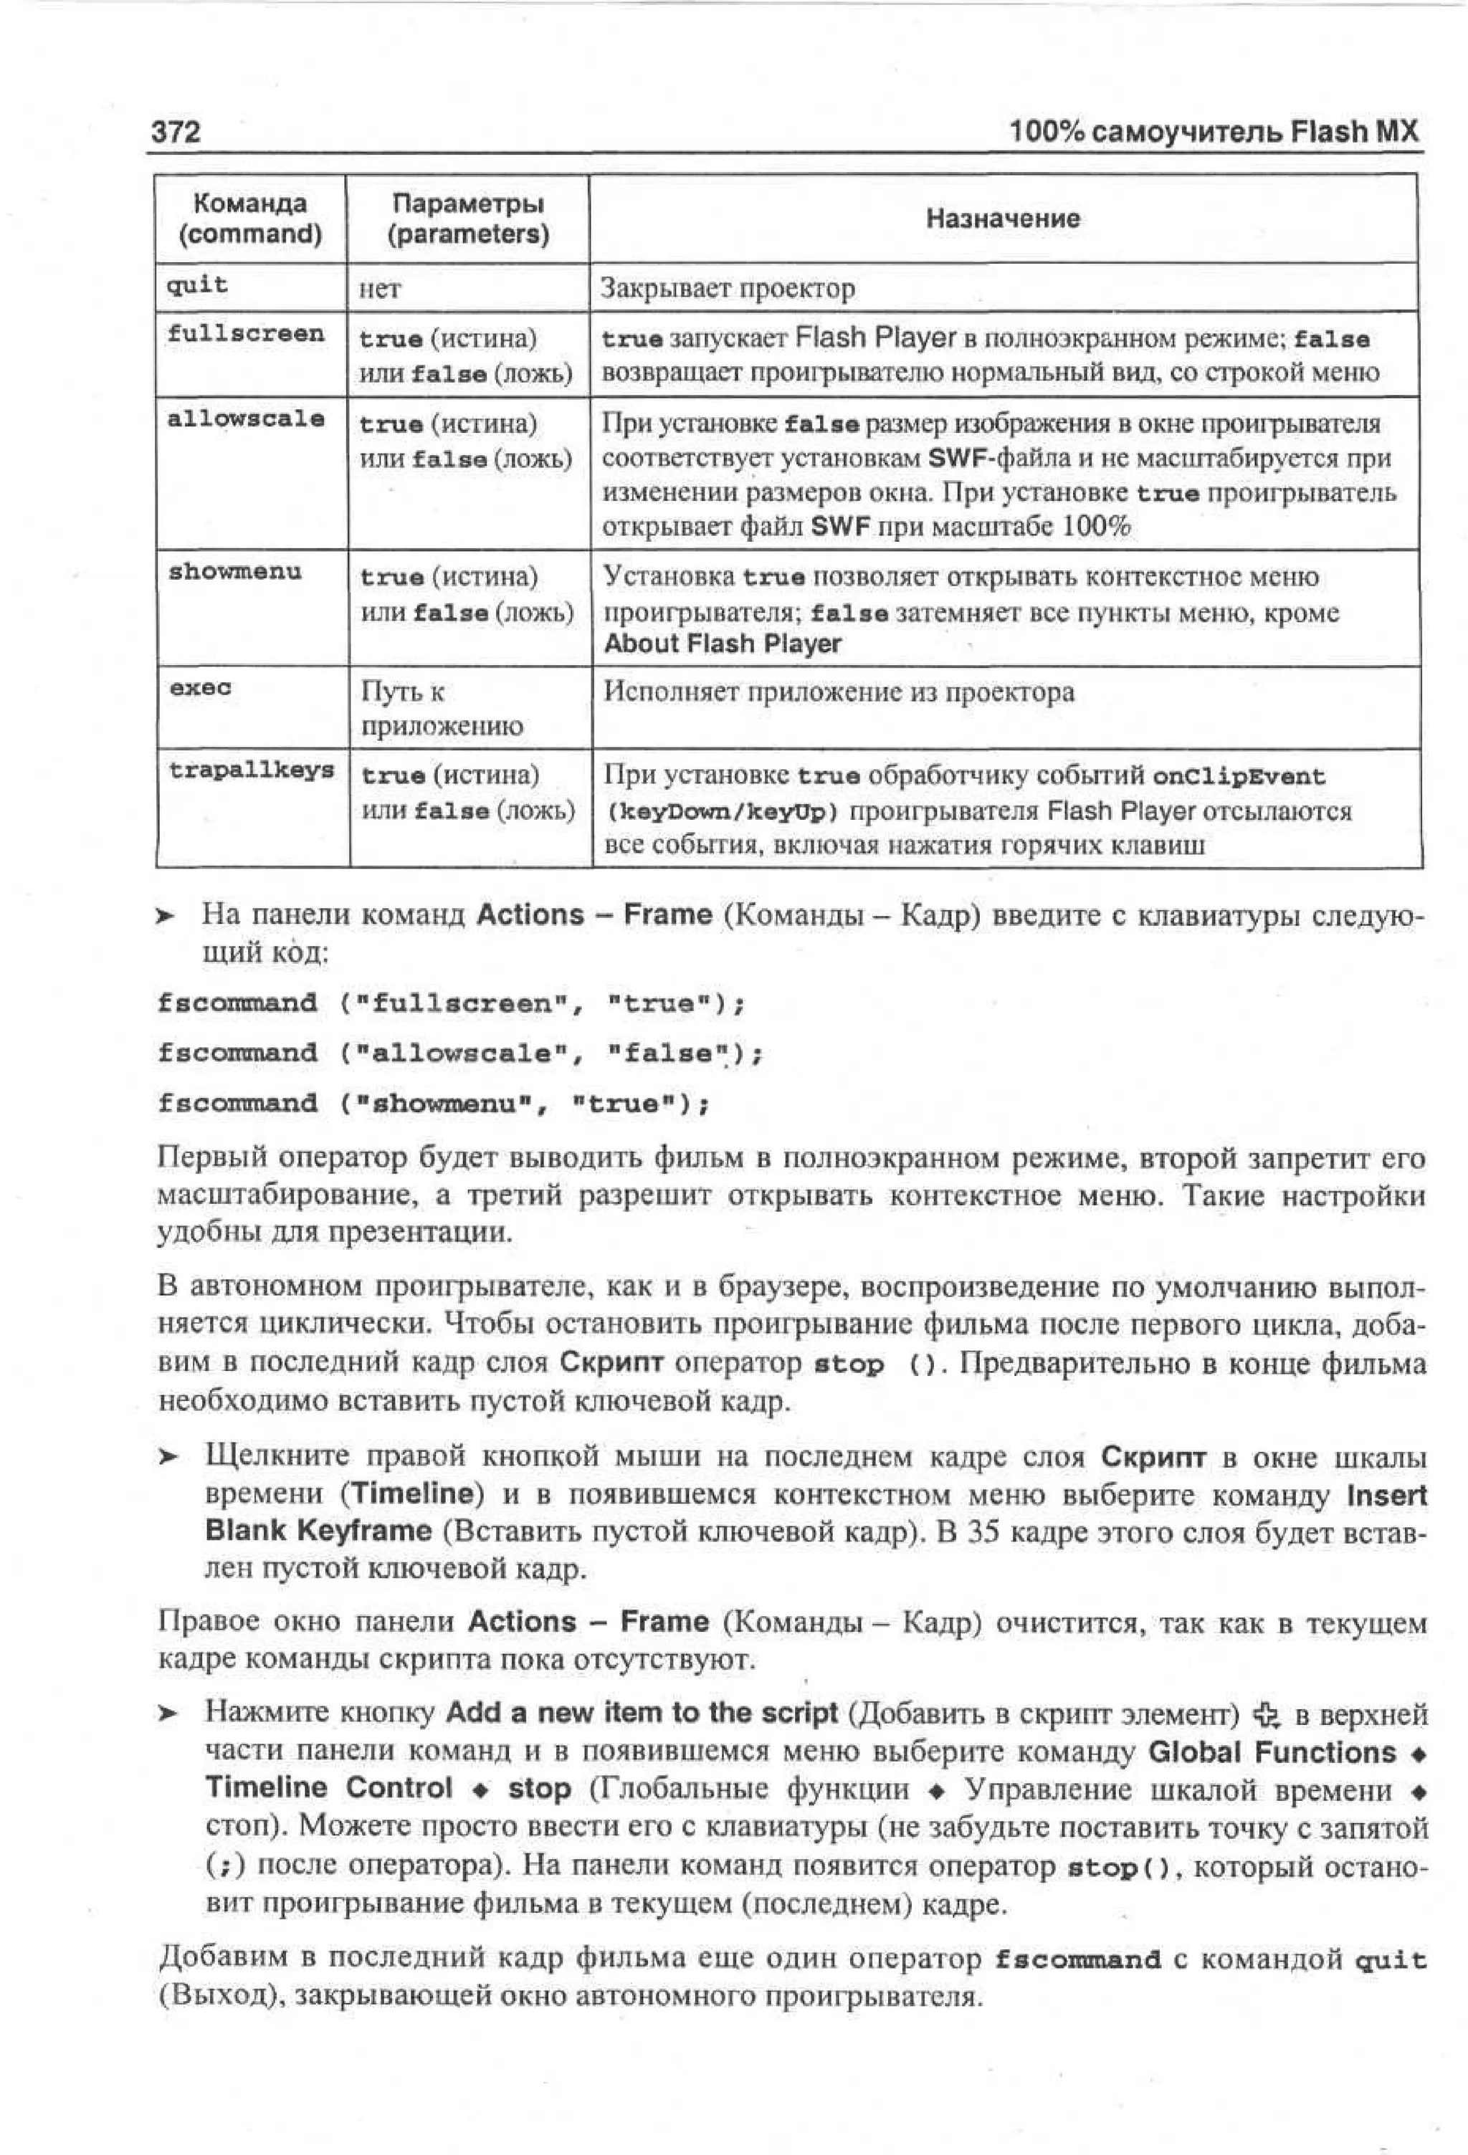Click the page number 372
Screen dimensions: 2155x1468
pos(176,132)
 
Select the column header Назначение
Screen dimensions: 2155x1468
pos(1003,219)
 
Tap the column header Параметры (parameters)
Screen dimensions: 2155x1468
pos(467,219)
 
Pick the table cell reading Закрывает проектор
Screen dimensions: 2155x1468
pos(728,288)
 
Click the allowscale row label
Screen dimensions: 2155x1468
pos(246,419)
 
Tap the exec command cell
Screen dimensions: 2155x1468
pos(200,688)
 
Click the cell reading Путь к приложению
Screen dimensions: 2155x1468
pos(442,709)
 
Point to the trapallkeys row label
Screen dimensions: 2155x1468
pos(252,770)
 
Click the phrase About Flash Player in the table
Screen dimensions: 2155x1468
pos(723,644)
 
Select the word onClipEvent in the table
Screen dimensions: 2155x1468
pos(1238,776)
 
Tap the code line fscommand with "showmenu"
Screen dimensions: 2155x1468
pos(433,1104)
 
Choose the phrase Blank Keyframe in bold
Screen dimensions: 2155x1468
pos(318,1531)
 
